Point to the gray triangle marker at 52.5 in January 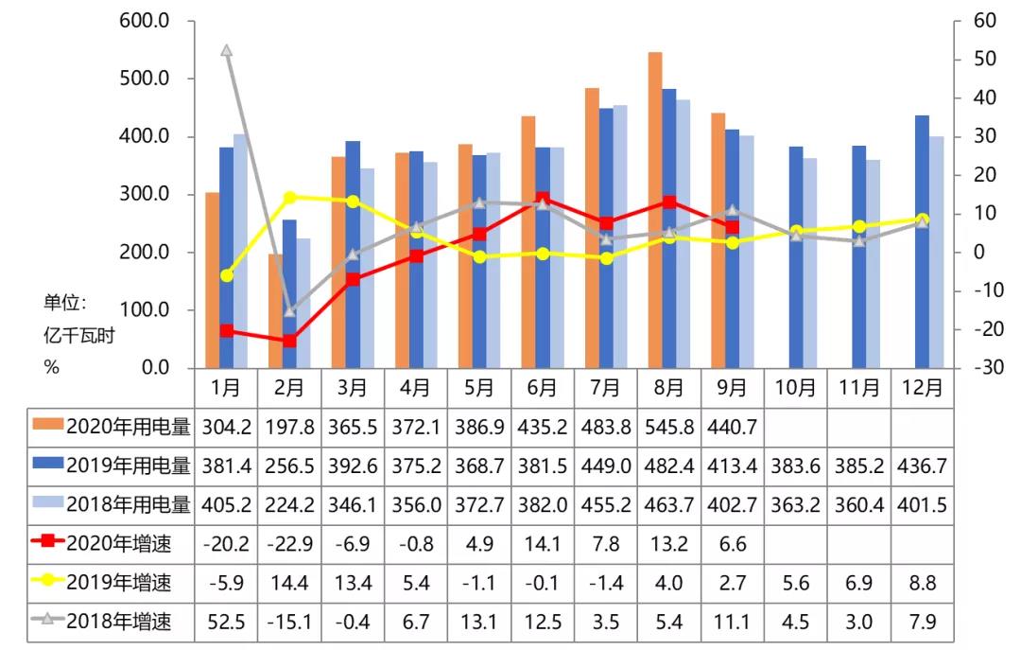click(226, 50)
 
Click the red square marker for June click(543, 199)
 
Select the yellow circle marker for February click(289, 198)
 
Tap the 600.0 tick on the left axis click(145, 21)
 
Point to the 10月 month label click(795, 387)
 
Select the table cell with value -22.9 click(289, 543)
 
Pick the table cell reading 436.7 click(922, 466)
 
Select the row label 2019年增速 click(129, 582)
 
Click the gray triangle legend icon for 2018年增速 click(47, 621)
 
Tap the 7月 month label click(605, 387)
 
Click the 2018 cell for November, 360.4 click(858, 504)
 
